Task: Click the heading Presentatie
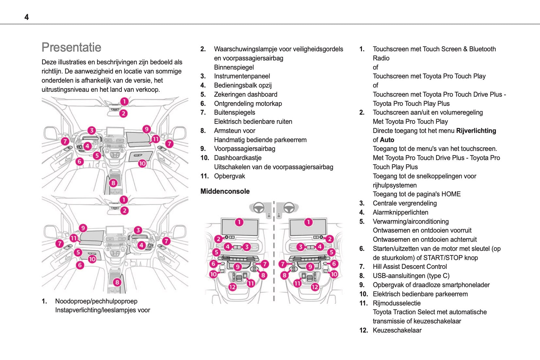coord(71,47)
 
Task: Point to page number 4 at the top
coord(26,17)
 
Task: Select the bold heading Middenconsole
coord(225,191)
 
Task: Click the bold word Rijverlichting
coord(476,131)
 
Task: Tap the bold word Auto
coord(387,140)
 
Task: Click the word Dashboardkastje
coord(237,158)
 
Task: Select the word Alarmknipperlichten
coord(400,212)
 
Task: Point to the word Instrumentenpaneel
coord(242,76)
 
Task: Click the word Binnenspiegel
coord(234,67)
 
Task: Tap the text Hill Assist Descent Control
coord(410,267)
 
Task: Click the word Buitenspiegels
coord(234,112)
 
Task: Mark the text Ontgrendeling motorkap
coord(248,104)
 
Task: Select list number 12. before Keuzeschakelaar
coord(363,330)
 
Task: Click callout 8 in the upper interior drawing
coord(113,183)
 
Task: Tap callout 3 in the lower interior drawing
coord(138,230)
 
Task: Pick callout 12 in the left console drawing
coord(232,287)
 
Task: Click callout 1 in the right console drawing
coord(308,222)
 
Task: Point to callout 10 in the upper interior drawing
coord(142,163)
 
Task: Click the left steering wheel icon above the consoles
coord(259,207)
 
